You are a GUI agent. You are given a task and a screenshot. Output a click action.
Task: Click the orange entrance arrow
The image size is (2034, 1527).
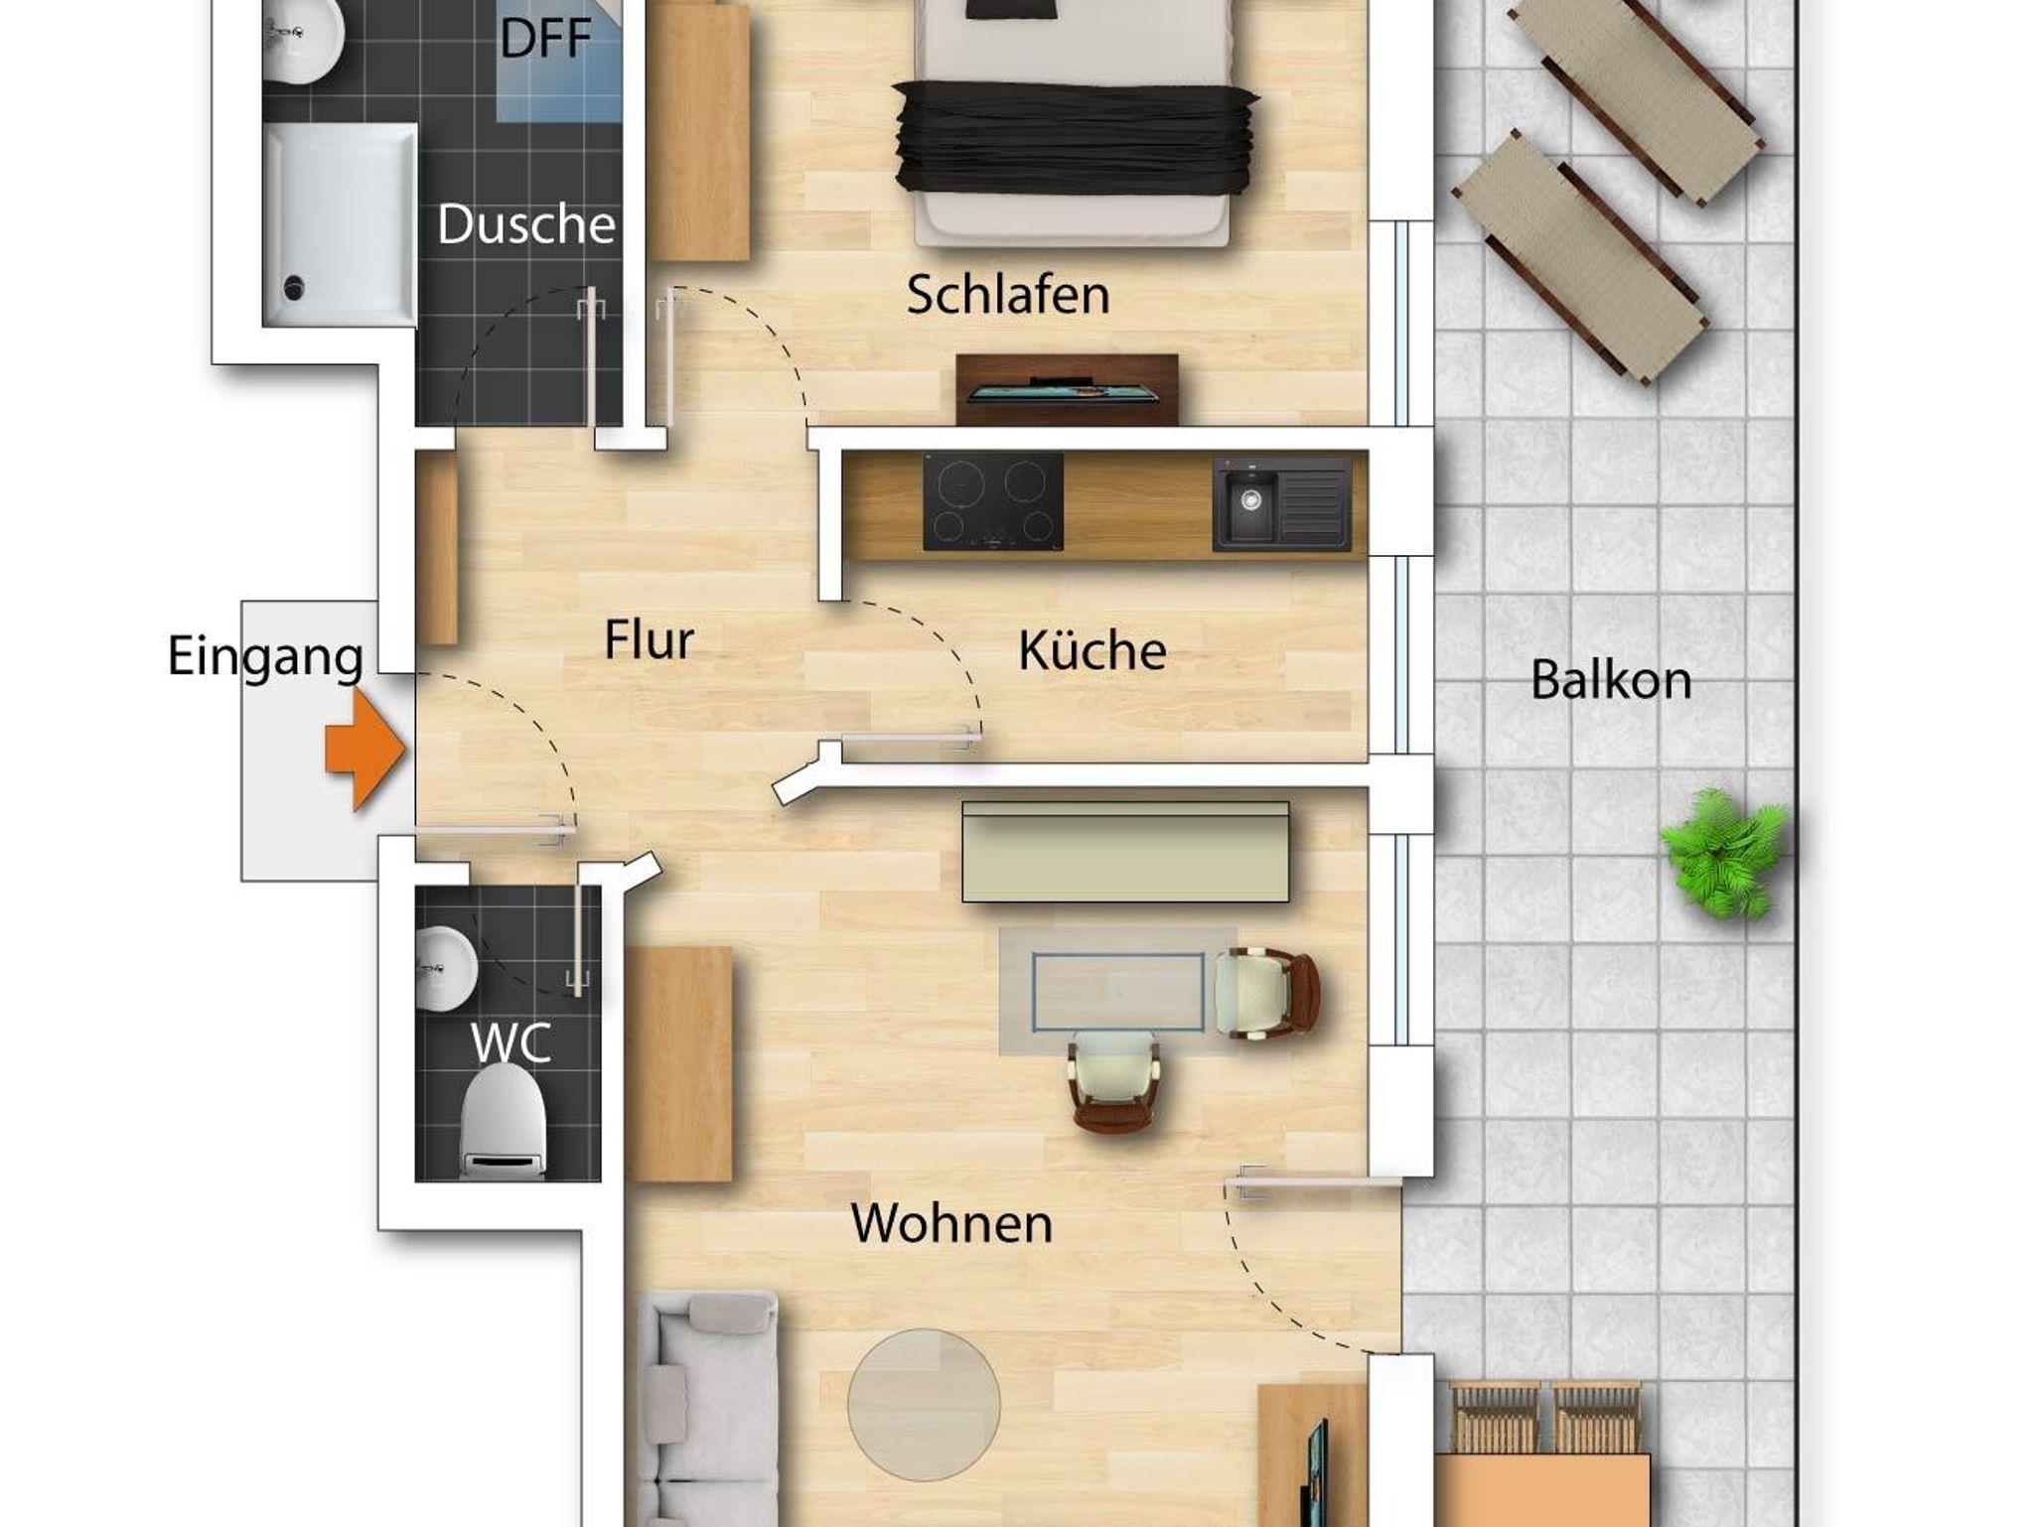click(363, 750)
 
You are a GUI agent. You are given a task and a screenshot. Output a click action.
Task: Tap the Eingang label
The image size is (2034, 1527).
click(265, 657)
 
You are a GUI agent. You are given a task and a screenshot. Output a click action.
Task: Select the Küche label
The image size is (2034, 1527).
click(1091, 650)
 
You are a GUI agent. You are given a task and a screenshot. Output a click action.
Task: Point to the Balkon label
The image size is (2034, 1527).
click(1611, 680)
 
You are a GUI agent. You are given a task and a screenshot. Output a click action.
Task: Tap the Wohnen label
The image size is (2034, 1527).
click(951, 1223)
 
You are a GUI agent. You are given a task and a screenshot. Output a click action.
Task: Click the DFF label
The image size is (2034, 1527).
click(545, 39)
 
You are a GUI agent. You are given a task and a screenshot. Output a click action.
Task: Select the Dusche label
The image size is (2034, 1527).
click(526, 224)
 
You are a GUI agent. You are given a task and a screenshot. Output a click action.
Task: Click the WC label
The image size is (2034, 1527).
click(510, 1042)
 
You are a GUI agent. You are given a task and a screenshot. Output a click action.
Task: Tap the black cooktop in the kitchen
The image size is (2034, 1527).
click(993, 501)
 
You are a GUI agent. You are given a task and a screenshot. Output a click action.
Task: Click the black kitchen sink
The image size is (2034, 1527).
click(1281, 504)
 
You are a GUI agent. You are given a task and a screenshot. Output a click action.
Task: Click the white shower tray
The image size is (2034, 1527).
click(340, 224)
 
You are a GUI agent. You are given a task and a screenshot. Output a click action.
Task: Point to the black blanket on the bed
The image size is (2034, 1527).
click(1076, 138)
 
